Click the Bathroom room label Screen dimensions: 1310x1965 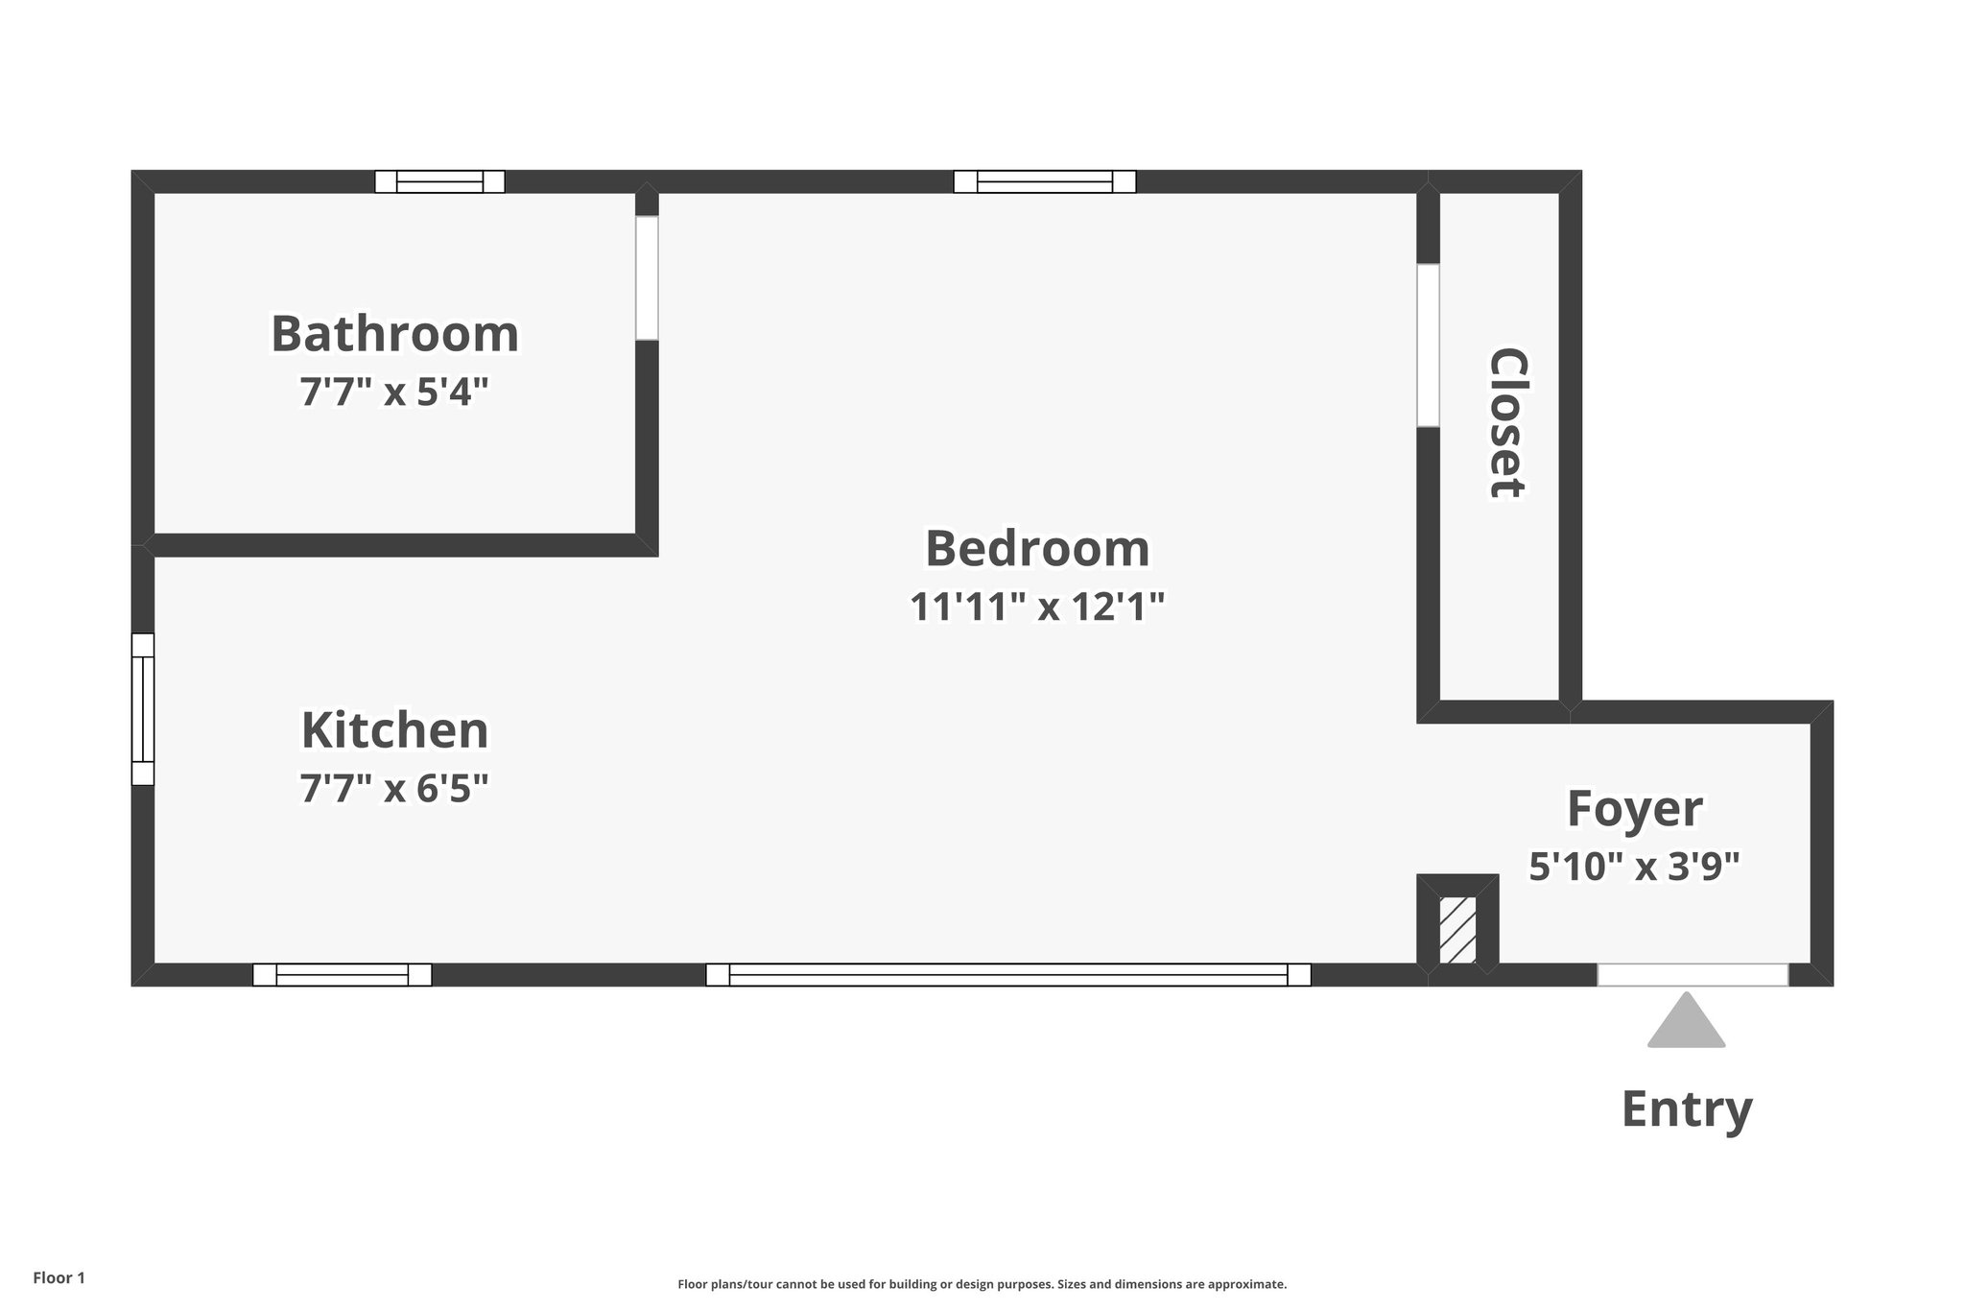[394, 334]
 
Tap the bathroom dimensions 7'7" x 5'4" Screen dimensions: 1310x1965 [394, 393]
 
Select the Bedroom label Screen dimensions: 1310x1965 [1037, 549]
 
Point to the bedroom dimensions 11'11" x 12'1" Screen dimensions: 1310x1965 [1037, 607]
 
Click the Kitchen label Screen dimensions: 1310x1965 [394, 731]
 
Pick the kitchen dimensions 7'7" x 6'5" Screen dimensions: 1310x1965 [394, 789]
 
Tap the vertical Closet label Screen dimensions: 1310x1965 [1505, 423]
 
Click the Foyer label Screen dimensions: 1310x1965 [1634, 809]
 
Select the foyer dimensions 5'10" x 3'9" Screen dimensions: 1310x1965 [1634, 867]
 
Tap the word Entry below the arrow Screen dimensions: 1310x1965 [1686, 1109]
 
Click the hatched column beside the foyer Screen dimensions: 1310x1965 [1457, 929]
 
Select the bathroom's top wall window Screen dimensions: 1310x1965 [439, 181]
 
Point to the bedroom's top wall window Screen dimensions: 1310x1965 [1044, 181]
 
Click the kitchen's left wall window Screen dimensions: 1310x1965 [143, 709]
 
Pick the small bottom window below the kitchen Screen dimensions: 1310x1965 [342, 975]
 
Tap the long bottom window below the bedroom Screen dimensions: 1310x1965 [1007, 975]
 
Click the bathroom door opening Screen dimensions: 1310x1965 [647, 277]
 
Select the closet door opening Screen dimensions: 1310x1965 [1428, 345]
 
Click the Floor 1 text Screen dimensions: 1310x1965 [59, 1278]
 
